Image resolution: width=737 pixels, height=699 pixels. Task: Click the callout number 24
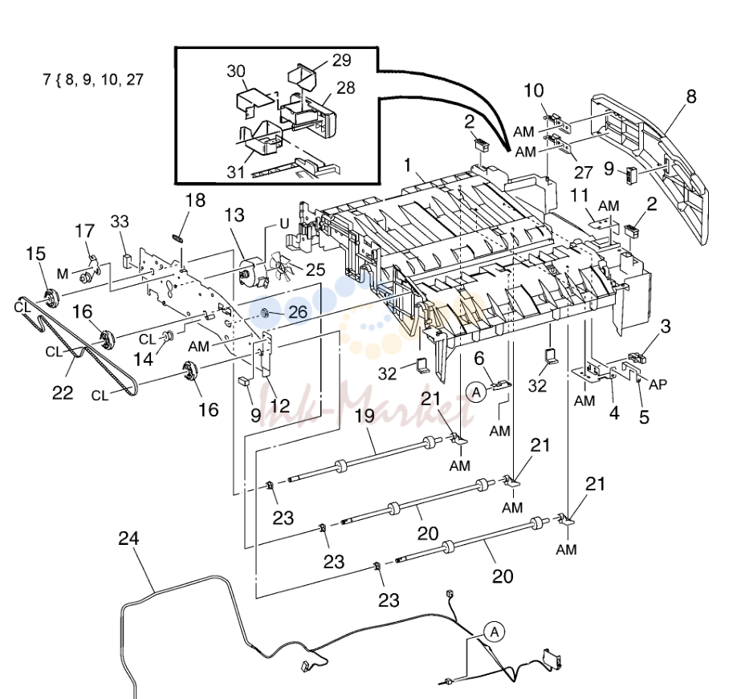128,538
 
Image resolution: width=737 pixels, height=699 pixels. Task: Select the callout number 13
234,215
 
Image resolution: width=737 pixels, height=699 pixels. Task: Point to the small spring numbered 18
177,238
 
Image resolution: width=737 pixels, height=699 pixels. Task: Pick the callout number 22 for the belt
63,392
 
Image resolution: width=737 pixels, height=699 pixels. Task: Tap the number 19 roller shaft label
364,416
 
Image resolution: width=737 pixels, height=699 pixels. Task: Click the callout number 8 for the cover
691,96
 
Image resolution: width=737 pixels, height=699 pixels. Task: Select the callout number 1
408,165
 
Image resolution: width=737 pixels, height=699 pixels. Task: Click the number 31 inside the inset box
235,172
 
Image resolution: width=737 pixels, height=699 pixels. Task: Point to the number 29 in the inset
342,60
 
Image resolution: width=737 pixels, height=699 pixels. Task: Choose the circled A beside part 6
477,392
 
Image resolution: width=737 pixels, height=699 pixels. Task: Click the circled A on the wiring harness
495,632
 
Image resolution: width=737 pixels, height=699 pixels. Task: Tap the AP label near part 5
658,384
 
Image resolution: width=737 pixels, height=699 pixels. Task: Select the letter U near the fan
284,224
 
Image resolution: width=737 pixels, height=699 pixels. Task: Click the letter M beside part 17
63,274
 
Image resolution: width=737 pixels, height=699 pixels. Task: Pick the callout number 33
120,221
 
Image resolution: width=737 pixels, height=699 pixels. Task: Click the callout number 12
280,405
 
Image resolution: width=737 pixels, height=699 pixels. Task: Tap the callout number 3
666,327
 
